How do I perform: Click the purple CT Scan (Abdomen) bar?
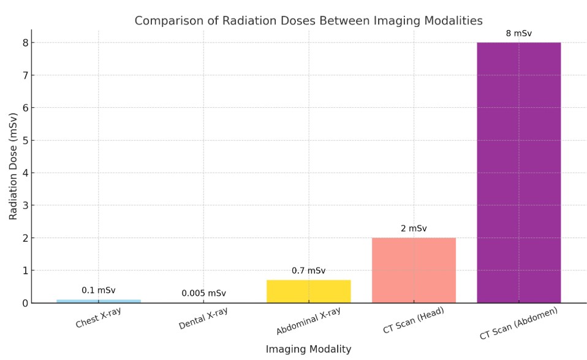(x=518, y=172)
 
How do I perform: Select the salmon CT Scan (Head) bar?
(x=414, y=270)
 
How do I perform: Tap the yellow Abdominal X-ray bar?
(x=308, y=291)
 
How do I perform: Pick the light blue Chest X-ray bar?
(x=99, y=301)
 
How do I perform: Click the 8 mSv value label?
(x=518, y=33)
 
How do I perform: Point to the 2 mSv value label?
(x=414, y=228)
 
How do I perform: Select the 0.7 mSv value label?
(x=308, y=271)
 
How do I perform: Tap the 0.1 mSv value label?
(x=99, y=290)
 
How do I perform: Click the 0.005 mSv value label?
(x=203, y=293)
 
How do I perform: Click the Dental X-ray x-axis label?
(x=203, y=319)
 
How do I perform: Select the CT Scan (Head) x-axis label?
(x=414, y=320)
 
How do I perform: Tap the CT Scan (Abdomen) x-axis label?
(x=518, y=323)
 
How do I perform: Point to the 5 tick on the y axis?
(x=25, y=140)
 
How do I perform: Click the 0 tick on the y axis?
(x=25, y=303)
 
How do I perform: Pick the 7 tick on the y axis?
(x=25, y=75)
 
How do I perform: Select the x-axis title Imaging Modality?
(x=308, y=349)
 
